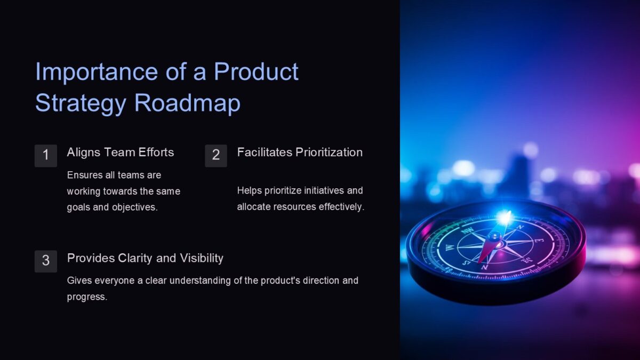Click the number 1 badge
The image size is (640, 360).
pyautogui.click(x=46, y=155)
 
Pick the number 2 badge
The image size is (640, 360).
pyautogui.click(x=216, y=155)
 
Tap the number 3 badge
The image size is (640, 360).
pyautogui.click(x=46, y=261)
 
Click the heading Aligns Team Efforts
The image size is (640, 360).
pyautogui.click(x=121, y=153)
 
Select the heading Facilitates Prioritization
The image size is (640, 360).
pyautogui.click(x=300, y=153)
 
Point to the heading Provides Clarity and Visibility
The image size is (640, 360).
pyautogui.click(x=145, y=258)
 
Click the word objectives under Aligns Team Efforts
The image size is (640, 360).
pyautogui.click(x=134, y=207)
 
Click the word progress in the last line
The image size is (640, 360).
pyautogui.click(x=86, y=297)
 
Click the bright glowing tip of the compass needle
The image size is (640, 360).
pyautogui.click(x=503, y=218)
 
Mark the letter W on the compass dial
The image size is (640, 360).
pyautogui.click(x=450, y=247)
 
